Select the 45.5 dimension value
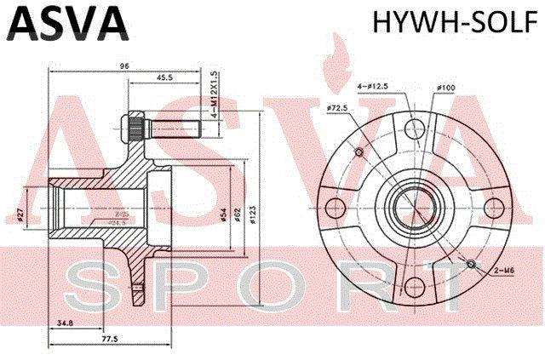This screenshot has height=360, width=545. coord(165,78)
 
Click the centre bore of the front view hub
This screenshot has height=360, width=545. coord(412,208)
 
